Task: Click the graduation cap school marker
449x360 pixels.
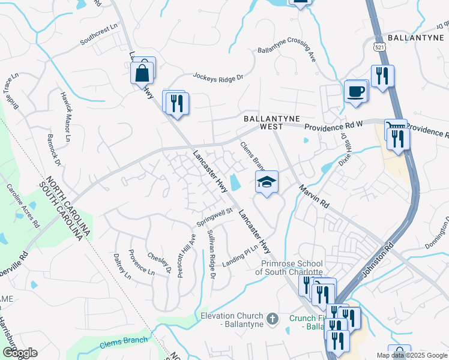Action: point(267,182)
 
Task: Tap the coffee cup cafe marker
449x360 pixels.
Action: point(357,91)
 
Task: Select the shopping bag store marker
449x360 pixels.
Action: point(142,73)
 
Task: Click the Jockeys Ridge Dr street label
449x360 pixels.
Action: point(218,77)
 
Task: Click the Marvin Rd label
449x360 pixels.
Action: point(315,196)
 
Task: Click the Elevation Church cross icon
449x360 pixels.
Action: point(272,317)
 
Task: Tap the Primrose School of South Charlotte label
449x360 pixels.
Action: point(292,268)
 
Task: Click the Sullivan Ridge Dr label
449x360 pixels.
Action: point(210,254)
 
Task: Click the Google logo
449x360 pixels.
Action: point(19,353)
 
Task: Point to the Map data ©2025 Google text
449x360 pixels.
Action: point(412,355)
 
